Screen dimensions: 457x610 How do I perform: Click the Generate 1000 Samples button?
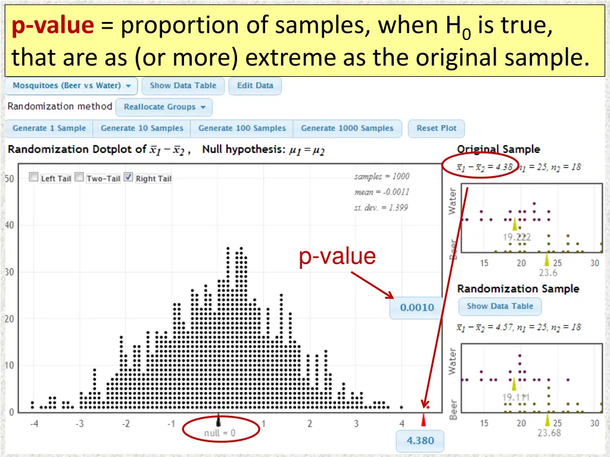347,128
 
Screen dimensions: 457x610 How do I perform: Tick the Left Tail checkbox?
34,178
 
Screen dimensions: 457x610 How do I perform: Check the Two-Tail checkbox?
79,178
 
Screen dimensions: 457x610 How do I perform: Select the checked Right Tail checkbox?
128,178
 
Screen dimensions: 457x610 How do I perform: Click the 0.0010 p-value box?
416,308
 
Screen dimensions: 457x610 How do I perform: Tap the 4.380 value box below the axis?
420,441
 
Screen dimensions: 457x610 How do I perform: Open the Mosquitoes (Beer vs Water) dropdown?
71,86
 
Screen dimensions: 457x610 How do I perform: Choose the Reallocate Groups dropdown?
164,107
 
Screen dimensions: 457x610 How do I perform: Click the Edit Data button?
255,86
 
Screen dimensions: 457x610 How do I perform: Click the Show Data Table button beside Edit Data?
183,86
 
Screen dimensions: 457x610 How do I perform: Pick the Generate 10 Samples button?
142,128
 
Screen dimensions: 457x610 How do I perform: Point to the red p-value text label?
337,256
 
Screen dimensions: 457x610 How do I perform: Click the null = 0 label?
220,433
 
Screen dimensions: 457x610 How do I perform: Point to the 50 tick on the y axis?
10,179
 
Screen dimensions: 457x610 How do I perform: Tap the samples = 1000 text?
381,176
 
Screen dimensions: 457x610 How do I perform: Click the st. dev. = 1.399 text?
381,208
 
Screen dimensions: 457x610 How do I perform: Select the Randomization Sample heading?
518,289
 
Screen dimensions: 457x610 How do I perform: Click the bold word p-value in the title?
53,26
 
